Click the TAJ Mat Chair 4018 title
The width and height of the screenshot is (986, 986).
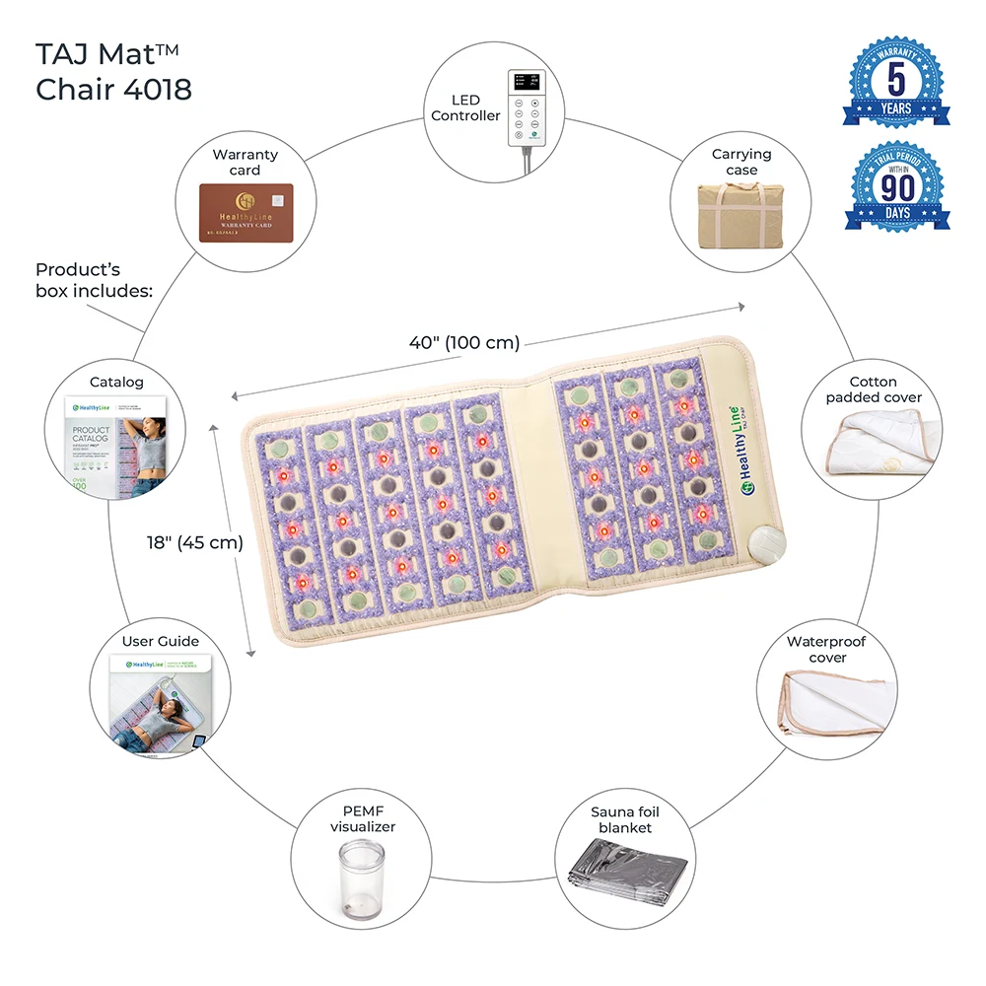[113, 72]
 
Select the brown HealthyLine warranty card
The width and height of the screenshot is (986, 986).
[246, 212]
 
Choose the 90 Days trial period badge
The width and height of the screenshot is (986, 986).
[898, 192]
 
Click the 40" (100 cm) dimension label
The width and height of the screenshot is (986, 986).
[464, 343]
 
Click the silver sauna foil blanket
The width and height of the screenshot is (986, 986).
[624, 874]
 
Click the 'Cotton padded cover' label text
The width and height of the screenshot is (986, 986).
[874, 389]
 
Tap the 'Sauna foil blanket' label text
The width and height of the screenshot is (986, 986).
[625, 819]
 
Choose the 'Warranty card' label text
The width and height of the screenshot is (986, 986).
[246, 162]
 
